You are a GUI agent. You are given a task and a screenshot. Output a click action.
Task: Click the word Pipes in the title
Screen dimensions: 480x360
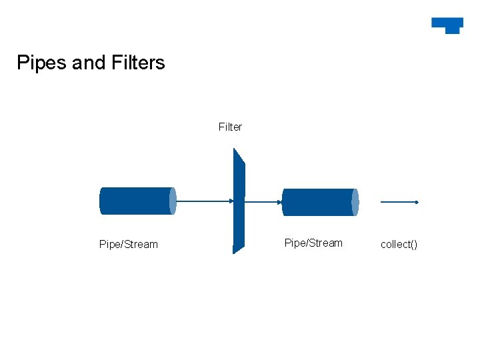point(41,63)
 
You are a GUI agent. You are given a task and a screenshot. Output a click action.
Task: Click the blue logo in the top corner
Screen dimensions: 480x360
point(447,25)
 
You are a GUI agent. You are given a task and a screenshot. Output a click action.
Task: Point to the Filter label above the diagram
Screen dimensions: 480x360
point(230,127)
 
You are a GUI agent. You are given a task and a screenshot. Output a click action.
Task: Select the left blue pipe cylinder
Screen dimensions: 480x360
point(135,201)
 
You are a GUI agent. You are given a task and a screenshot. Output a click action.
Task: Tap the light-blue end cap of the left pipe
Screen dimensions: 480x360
point(173,201)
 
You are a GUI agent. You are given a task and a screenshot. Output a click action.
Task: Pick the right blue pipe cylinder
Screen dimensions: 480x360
point(318,202)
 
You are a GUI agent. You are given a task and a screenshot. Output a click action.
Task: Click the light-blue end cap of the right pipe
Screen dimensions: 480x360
point(355,202)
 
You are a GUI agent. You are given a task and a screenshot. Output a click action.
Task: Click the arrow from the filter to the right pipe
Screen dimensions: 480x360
point(263,201)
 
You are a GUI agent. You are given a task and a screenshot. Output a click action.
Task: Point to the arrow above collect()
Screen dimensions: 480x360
point(399,201)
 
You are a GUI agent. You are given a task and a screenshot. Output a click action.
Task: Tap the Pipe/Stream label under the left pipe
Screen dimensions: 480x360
point(129,244)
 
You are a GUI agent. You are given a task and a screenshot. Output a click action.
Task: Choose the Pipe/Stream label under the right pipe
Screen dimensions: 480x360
point(313,243)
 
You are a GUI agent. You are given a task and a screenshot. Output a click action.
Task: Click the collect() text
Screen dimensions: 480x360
point(399,244)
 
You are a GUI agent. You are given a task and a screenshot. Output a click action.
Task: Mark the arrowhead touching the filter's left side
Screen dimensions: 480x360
point(231,201)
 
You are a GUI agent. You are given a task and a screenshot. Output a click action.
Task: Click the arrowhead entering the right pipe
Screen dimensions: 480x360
point(279,201)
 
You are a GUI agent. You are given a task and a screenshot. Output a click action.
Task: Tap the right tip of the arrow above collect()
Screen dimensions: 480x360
point(417,201)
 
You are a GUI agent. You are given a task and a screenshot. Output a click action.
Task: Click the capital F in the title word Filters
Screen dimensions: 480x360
point(115,63)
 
